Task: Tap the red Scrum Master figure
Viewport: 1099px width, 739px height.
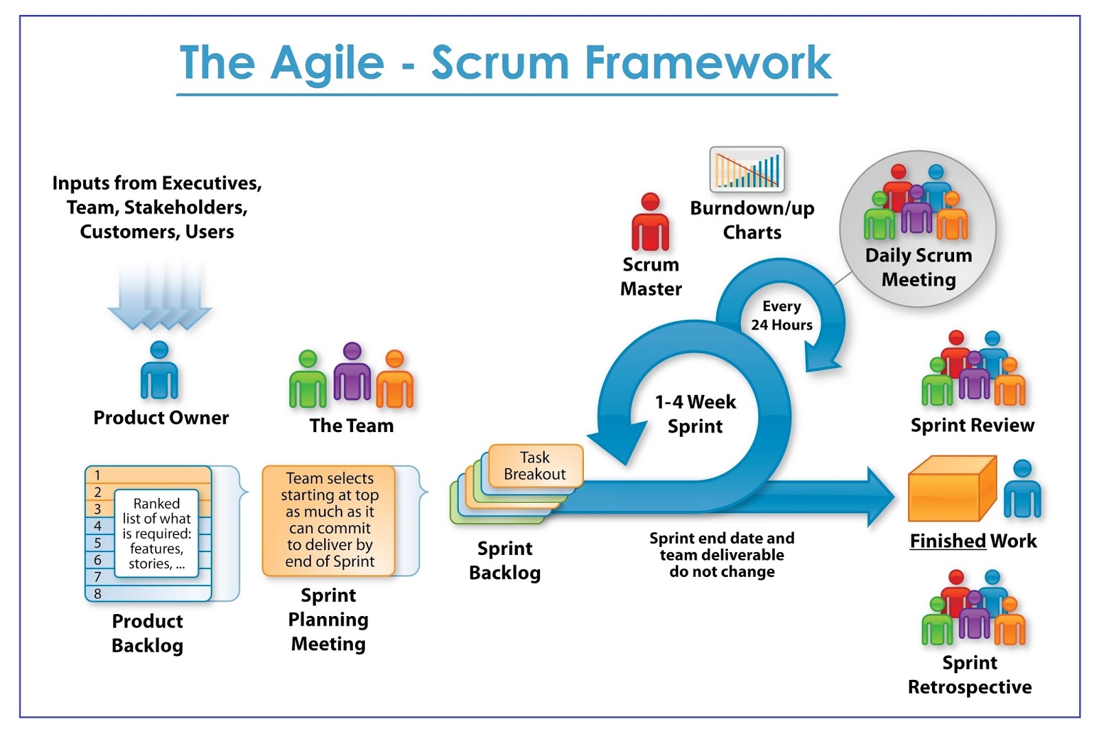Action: pos(650,223)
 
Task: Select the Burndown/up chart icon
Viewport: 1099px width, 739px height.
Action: pos(747,169)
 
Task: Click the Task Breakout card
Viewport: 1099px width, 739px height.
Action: pos(535,466)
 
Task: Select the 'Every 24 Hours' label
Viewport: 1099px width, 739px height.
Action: pos(782,315)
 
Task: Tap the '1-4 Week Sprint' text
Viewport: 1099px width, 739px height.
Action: pos(695,413)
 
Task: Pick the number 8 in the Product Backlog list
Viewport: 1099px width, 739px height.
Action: pos(98,593)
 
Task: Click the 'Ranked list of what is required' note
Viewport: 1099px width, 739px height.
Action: pos(157,534)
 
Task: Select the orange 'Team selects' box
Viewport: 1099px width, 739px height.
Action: pos(329,520)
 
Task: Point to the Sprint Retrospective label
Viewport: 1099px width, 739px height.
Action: pos(970,674)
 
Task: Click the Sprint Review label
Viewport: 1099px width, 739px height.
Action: pos(972,425)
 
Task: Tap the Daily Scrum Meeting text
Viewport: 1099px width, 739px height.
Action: pos(918,267)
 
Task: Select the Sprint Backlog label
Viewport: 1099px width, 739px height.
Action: pos(505,560)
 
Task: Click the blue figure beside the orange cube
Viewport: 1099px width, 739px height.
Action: pos(1022,489)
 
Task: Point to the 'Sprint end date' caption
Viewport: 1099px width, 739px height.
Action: pos(722,555)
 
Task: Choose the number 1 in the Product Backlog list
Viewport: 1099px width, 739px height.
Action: pos(98,475)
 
